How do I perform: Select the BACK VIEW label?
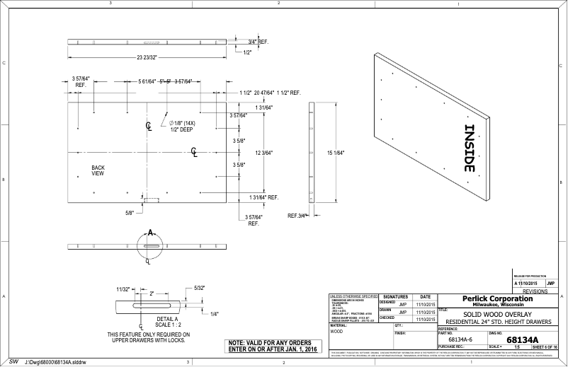(x=98, y=170)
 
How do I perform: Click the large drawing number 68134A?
(x=528, y=340)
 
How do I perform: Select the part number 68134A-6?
(x=460, y=340)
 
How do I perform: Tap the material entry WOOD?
(x=337, y=331)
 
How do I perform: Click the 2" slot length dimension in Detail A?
(x=151, y=293)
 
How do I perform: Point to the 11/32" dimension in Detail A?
(x=123, y=289)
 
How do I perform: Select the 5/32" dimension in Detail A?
(x=200, y=288)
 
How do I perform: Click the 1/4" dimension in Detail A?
(x=214, y=313)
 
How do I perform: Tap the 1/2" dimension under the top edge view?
(x=247, y=52)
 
